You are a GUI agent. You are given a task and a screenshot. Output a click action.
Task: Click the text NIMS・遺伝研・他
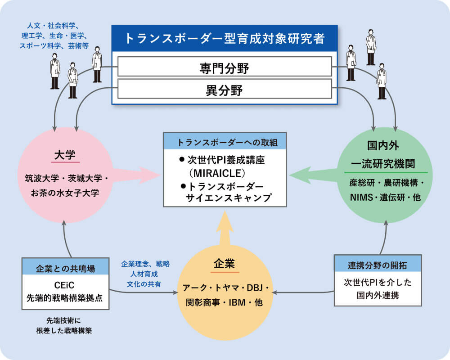[x=385, y=197]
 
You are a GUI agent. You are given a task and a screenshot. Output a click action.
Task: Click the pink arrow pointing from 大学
[x=135, y=175]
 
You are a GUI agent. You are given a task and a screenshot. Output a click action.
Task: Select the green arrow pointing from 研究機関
[x=315, y=175]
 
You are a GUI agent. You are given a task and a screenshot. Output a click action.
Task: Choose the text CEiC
[x=65, y=285]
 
